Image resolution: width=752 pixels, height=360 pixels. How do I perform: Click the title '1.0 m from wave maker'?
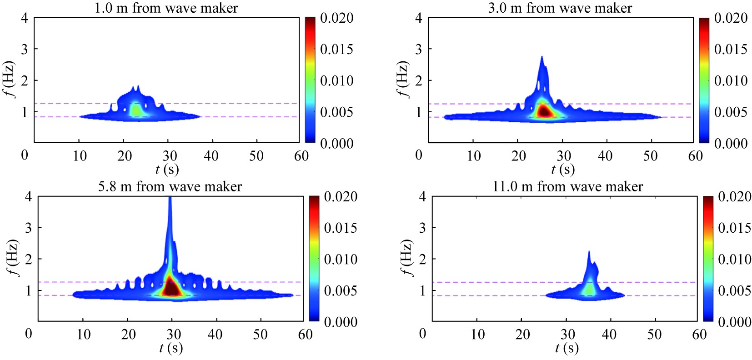click(x=166, y=8)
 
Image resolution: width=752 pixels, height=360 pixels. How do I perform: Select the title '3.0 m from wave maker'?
click(x=560, y=8)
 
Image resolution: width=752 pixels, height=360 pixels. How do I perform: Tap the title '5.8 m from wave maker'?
click(x=170, y=186)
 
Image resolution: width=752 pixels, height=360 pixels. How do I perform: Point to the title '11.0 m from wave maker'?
click(x=568, y=186)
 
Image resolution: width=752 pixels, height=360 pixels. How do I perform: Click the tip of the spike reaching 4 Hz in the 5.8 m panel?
click(x=170, y=198)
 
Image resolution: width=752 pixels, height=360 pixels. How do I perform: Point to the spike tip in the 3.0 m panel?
click(x=542, y=57)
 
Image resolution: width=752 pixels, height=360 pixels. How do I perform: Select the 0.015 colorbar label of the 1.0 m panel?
click(x=336, y=49)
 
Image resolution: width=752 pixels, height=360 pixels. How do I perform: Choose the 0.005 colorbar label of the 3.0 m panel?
click(x=731, y=112)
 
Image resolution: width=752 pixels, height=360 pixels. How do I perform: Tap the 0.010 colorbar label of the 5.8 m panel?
click(x=341, y=259)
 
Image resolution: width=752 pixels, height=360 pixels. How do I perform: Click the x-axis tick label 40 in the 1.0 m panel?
click(x=211, y=156)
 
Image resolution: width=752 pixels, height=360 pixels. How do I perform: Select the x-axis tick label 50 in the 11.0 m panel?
click(x=654, y=335)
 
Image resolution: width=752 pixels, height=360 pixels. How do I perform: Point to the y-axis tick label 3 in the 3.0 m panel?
click(x=419, y=49)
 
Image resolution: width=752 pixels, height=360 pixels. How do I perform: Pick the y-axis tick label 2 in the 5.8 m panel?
click(x=29, y=259)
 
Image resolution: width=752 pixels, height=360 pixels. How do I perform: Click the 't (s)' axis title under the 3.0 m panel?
click(x=563, y=170)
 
